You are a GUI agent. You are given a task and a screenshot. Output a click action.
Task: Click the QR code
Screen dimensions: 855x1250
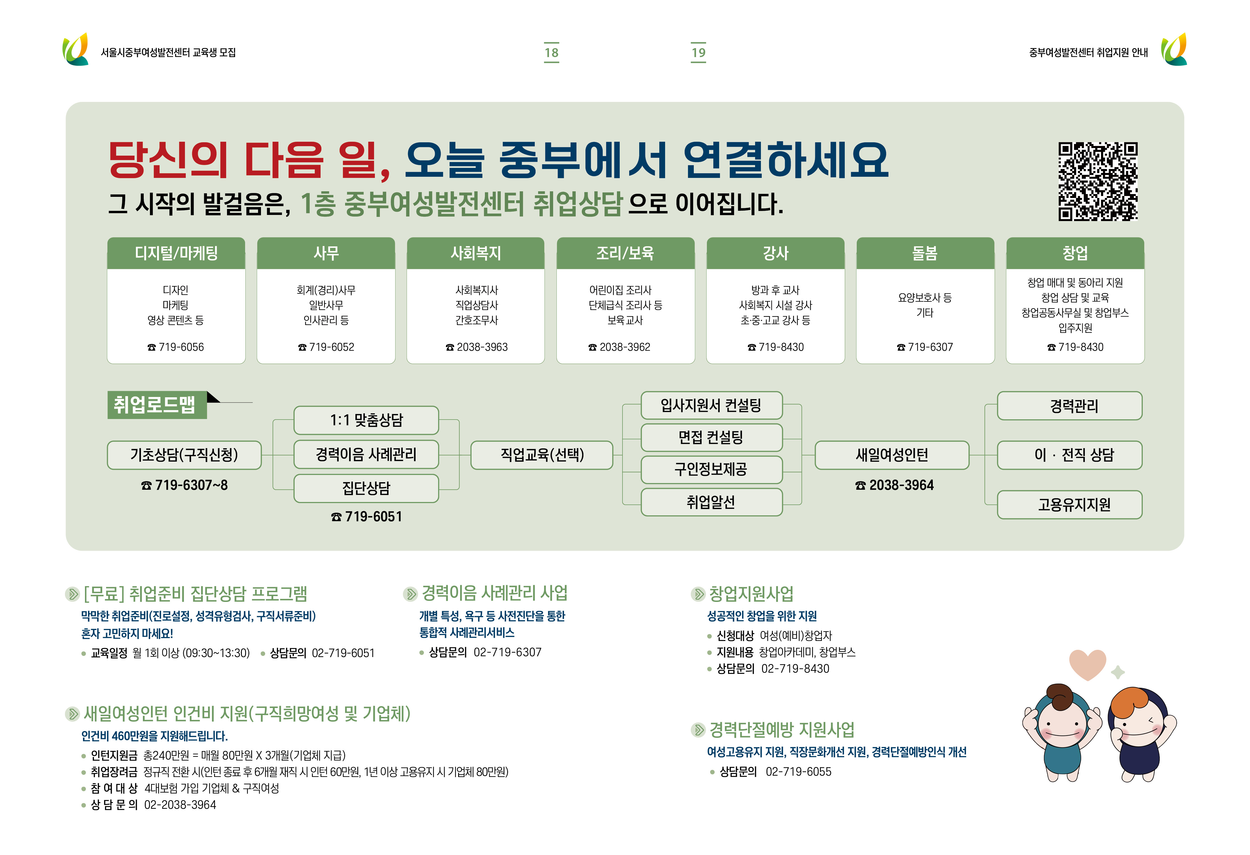click(x=1097, y=181)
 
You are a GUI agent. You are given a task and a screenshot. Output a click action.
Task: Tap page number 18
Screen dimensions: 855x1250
click(x=551, y=52)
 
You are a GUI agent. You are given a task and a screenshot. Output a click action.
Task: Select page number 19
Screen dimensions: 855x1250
click(x=698, y=52)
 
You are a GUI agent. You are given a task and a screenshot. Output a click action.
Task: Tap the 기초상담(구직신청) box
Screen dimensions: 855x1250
click(x=184, y=455)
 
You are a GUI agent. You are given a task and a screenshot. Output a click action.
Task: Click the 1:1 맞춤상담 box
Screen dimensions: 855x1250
click(x=366, y=420)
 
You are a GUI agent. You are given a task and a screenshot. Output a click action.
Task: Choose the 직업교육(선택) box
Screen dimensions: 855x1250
click(x=542, y=455)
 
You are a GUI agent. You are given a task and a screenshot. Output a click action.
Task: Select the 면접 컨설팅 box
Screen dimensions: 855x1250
click(x=711, y=437)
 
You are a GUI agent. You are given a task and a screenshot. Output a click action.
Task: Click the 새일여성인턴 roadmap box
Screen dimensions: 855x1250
click(x=892, y=455)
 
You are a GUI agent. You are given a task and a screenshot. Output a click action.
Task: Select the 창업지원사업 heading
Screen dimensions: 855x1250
click(x=751, y=594)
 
